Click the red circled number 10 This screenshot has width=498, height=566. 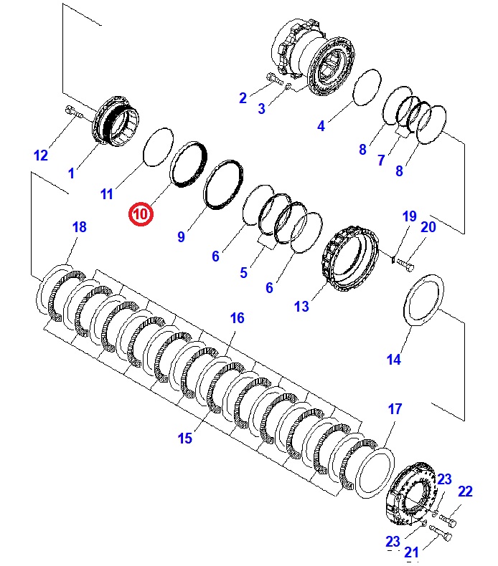click(x=141, y=214)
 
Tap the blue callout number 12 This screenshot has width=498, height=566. click(x=41, y=155)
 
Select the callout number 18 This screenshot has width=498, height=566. click(x=79, y=227)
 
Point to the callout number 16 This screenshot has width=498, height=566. click(x=237, y=317)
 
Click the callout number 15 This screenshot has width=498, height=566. click(x=185, y=438)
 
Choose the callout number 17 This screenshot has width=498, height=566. click(x=395, y=409)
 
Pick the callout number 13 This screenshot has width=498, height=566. click(x=301, y=306)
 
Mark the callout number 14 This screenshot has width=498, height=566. click(x=394, y=360)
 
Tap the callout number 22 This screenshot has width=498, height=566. click(x=466, y=491)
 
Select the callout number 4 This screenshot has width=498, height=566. click(x=321, y=126)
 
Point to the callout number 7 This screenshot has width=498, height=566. click(x=381, y=161)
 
